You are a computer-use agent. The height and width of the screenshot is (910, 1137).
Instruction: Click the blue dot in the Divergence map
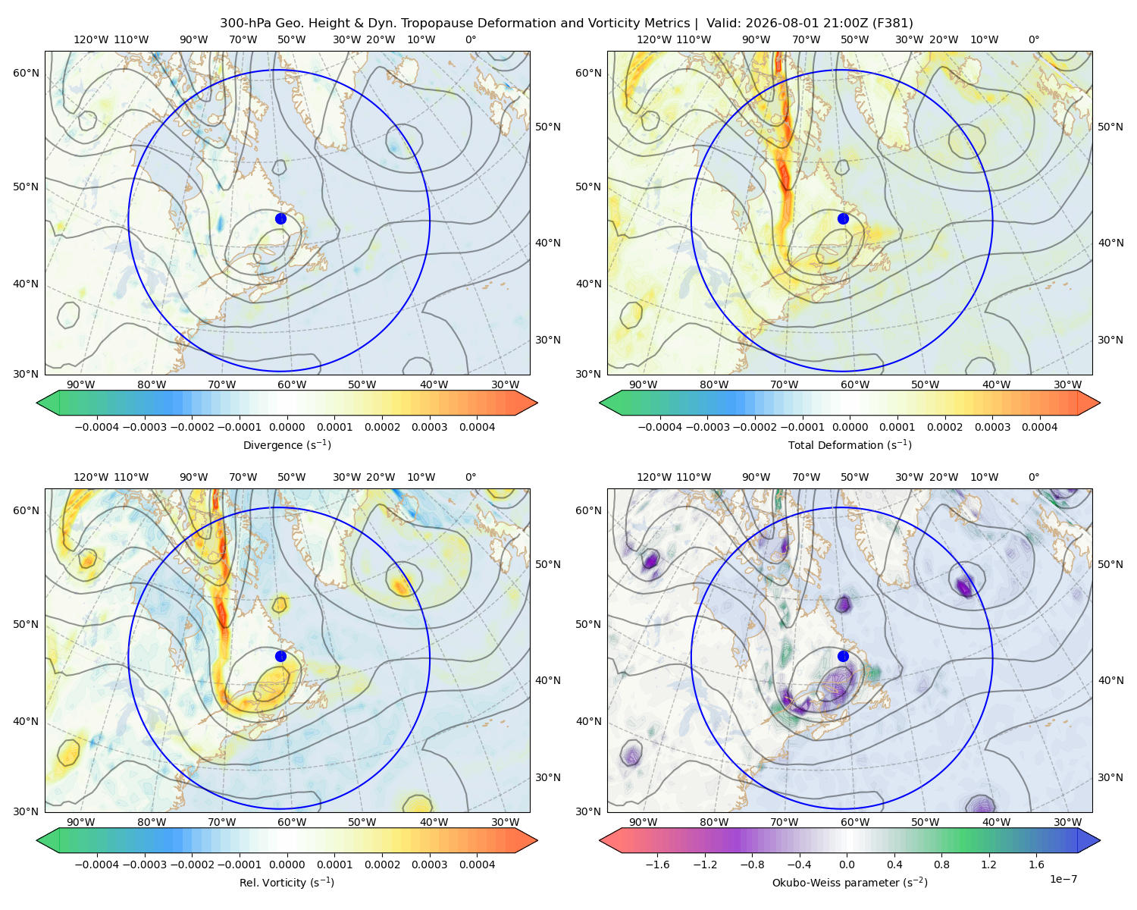280,218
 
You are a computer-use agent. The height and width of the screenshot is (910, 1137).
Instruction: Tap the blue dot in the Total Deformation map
843,218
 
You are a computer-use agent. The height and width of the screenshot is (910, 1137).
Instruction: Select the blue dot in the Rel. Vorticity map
280,656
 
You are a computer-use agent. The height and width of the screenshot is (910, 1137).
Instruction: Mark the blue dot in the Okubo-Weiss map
843,656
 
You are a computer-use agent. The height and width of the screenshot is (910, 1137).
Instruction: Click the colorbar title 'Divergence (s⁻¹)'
287,444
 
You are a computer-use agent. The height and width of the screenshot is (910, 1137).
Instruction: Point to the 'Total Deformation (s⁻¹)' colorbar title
850,444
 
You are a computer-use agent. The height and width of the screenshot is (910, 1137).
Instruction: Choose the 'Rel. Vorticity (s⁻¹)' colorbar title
287,882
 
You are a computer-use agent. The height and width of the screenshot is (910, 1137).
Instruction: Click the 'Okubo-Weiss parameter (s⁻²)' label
850,882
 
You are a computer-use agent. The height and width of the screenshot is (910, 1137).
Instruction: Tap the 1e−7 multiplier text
1063,879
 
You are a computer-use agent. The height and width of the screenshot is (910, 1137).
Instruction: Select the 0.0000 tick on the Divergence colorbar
287,427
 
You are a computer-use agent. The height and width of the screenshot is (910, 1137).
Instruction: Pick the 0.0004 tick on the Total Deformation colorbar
1039,427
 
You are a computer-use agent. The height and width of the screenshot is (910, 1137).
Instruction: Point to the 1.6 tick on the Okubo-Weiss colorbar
1036,864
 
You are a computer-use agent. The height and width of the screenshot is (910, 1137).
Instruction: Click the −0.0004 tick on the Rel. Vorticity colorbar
97,864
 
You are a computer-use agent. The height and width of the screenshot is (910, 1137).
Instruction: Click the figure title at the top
566,23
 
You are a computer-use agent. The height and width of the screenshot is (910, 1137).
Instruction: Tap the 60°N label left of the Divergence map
26,73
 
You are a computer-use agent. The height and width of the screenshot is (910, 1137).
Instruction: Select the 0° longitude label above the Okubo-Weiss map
1033,476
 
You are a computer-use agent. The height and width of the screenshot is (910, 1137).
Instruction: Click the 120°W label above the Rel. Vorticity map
91,476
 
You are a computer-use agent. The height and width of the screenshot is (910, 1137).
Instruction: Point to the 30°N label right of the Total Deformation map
1110,340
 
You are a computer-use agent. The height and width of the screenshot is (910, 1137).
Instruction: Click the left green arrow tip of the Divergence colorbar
37,403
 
